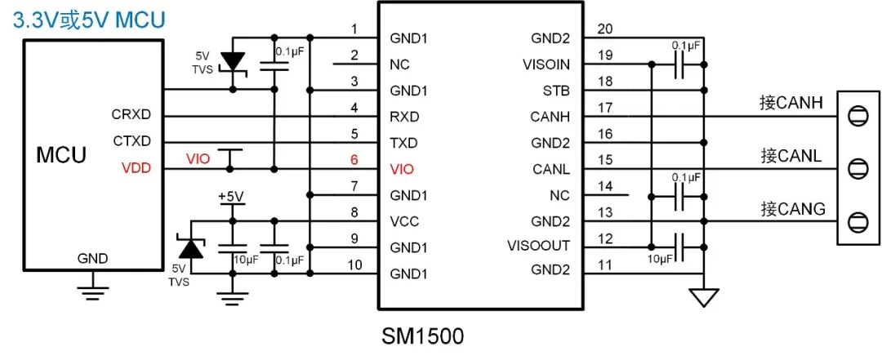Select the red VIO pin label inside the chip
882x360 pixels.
(x=402, y=169)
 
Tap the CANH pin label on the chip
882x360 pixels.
(x=550, y=117)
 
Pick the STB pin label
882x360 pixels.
(x=557, y=90)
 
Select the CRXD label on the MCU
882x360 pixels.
(x=131, y=115)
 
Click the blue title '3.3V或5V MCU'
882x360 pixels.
(x=89, y=20)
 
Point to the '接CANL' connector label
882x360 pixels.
(x=791, y=155)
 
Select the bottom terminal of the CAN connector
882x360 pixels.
(x=857, y=221)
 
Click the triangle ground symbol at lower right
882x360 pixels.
(x=702, y=298)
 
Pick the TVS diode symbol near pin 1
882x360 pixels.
(x=234, y=62)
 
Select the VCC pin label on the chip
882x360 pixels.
(x=405, y=221)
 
